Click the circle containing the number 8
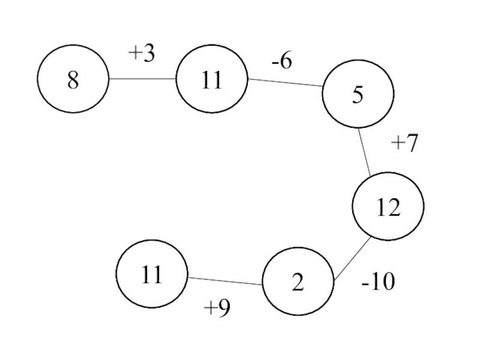[x=73, y=79]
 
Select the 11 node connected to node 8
[x=212, y=79]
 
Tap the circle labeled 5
[x=358, y=94]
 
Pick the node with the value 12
[x=388, y=206]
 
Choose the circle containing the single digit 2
[x=298, y=281]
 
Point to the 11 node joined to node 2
[x=152, y=274]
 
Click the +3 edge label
[x=142, y=53]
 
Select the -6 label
[x=281, y=61]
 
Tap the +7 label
[x=404, y=143]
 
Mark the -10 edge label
[x=379, y=281]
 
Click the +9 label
[x=217, y=307]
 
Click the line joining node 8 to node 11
[x=142, y=79]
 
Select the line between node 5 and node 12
[x=365, y=152]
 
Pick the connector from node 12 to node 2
[x=352, y=259]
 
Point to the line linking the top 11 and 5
[x=284, y=83]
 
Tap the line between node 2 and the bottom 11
[x=224, y=281]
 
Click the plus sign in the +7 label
[x=398, y=143]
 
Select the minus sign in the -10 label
[x=365, y=284]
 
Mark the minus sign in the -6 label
[x=275, y=63]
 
